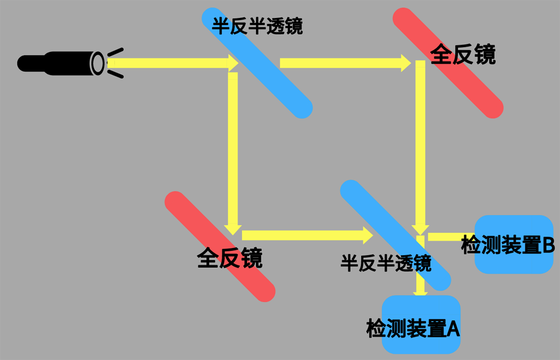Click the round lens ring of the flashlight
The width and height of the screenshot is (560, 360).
coord(98,63)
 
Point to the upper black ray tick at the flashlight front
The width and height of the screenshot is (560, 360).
coord(115,53)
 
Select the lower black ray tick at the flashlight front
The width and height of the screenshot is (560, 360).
coord(115,74)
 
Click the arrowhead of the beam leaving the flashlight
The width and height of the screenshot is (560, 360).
coord(233,62)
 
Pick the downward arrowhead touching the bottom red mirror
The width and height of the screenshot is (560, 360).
coord(233,228)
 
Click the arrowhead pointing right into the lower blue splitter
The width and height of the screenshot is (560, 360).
coord(367,236)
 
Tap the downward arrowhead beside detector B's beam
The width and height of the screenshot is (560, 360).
coord(420,228)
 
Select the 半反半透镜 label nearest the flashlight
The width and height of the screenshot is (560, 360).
coord(257,26)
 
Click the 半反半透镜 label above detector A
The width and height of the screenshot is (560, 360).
coord(386,263)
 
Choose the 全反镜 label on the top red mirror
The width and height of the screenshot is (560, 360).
coord(463,55)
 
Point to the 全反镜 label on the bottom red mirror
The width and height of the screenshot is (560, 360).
coord(230,258)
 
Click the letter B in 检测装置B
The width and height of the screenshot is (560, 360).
coord(548,245)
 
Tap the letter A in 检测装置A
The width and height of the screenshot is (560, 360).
coord(453,329)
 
